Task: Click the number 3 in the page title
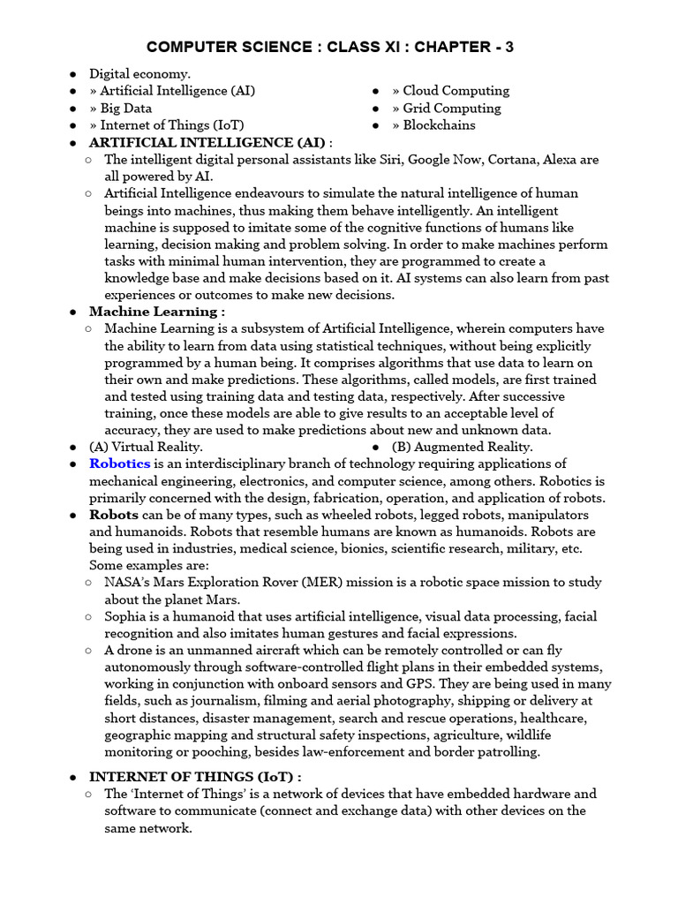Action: pos(508,47)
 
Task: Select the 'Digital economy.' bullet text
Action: pos(139,74)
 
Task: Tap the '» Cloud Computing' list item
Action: pos(450,91)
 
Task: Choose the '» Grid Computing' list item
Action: pos(446,109)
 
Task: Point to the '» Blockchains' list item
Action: pos(433,125)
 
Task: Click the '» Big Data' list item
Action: pos(120,109)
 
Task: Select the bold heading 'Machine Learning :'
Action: pos(157,312)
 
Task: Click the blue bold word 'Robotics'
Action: pos(119,463)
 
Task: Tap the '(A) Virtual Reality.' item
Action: pos(146,447)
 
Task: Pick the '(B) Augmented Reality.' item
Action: pos(462,447)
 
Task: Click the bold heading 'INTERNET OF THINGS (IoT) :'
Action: pos(195,777)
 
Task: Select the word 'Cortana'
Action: pos(509,160)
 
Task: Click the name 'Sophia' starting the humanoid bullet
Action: pos(127,616)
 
